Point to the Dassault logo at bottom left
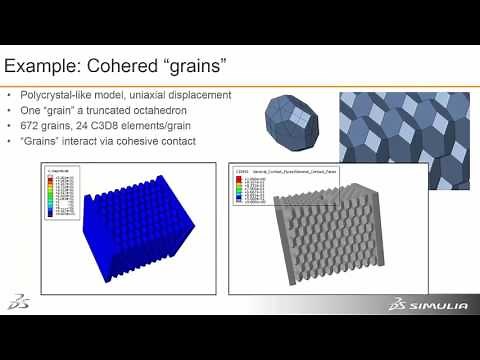(x=19, y=302)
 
